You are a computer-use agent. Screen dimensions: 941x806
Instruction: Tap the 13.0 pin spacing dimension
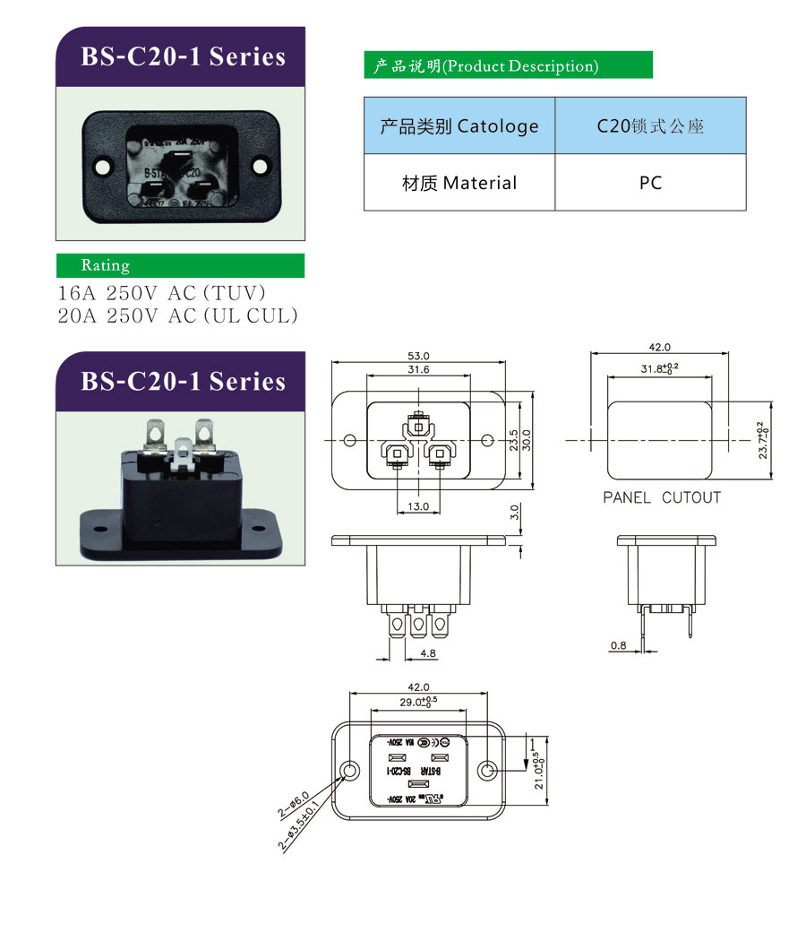418,506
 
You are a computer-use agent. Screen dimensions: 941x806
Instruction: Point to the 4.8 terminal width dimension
428,654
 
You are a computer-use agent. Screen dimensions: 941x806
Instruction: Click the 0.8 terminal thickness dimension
619,644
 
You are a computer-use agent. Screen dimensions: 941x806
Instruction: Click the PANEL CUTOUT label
661,497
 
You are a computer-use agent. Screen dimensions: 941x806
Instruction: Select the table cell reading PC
650,183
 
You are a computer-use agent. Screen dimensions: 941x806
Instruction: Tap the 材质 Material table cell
459,183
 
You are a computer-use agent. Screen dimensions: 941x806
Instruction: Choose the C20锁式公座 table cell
650,126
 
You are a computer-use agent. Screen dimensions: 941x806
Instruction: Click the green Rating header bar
180,265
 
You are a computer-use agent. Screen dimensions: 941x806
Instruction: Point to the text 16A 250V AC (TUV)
162,293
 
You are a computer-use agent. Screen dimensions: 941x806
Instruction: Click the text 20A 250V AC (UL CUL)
177,315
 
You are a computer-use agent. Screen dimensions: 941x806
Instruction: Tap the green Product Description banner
508,65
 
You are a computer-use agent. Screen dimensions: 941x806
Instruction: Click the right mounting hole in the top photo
261,166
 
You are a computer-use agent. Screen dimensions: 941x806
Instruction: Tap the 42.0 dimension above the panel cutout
659,347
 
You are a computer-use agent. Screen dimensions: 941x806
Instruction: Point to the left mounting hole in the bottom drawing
350,772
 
